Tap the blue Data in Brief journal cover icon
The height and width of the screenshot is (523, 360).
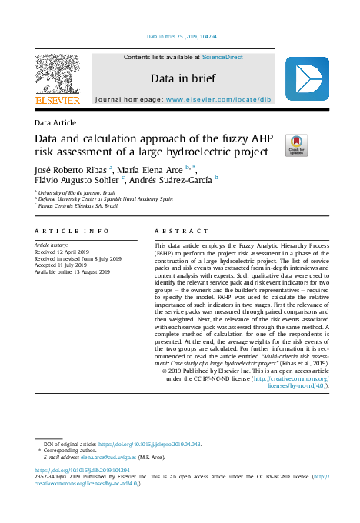point(306,79)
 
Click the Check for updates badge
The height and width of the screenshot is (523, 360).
point(295,144)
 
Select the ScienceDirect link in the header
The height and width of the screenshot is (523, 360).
point(222,57)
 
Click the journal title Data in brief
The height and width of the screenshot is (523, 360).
point(182,78)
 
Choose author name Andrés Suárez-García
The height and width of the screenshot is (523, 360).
point(173,182)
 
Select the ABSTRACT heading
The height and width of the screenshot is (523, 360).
point(176,231)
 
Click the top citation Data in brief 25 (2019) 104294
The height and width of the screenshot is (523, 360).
point(181,36)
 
